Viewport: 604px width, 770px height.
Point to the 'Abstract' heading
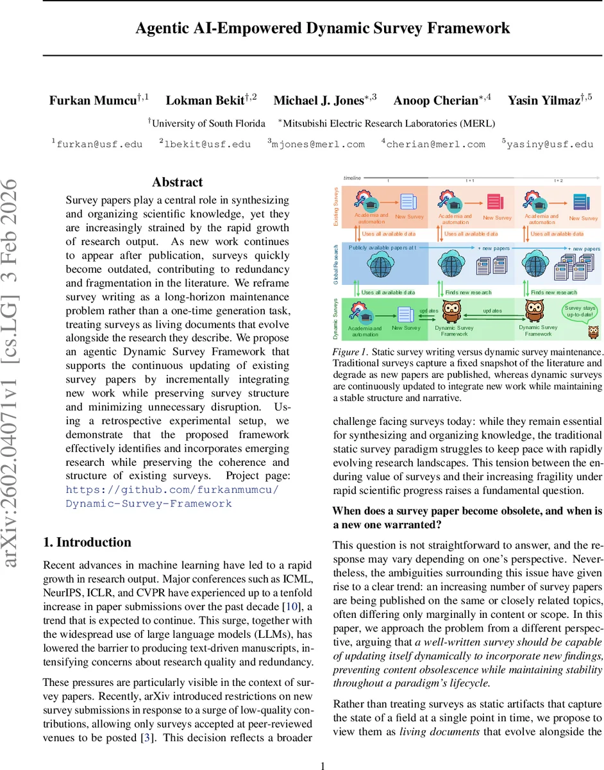(x=177, y=182)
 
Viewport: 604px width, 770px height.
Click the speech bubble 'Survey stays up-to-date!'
(x=580, y=312)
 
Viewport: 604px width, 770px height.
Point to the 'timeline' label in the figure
(x=352, y=178)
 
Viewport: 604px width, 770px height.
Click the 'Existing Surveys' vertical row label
(x=337, y=206)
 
